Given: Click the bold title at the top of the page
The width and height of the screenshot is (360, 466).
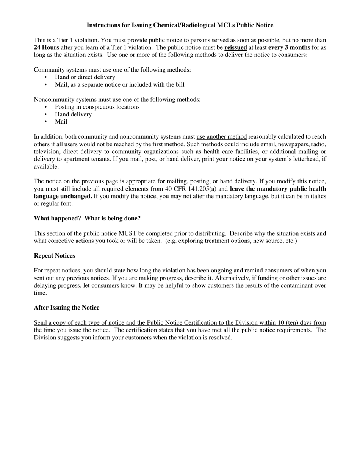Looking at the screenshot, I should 180,25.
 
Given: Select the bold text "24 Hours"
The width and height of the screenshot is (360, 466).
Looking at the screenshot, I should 46,47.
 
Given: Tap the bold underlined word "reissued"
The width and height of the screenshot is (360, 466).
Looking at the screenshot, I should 235,47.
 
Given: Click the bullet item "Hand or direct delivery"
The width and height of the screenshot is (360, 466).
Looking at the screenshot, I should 85,77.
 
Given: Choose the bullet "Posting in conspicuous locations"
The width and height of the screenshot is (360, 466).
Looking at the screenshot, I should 97,107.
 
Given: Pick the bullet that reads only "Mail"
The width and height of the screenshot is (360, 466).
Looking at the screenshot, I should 61,122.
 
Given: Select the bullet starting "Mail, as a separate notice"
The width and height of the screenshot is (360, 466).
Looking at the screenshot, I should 119,84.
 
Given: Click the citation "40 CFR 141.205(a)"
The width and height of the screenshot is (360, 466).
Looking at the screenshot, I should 190,189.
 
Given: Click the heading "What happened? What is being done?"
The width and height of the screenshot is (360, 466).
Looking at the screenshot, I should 87,219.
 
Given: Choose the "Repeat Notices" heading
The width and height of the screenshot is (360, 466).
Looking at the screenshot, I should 54,256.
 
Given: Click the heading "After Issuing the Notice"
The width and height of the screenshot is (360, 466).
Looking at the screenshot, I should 67,308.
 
